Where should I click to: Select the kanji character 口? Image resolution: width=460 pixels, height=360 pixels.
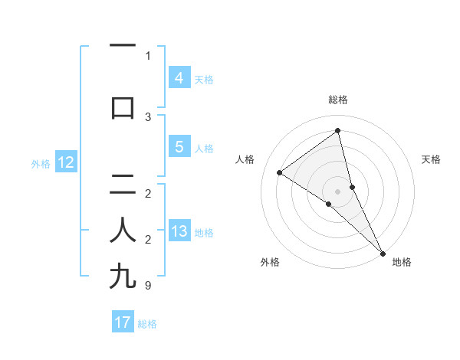pos(123,107)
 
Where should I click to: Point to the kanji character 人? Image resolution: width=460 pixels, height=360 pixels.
pos(123,229)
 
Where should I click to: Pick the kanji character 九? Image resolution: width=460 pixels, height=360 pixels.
pos(123,275)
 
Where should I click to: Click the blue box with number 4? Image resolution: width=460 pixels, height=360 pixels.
pos(179,78)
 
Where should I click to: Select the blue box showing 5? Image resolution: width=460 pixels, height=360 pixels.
pos(179,147)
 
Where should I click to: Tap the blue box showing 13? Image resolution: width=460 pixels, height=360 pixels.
pos(179,231)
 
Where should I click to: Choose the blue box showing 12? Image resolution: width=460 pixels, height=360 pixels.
pos(65,162)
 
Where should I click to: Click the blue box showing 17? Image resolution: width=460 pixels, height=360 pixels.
pos(123,322)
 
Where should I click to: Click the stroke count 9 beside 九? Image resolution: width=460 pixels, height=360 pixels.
pos(147,286)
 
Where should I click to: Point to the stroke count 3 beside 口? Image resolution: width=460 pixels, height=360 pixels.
pos(147,117)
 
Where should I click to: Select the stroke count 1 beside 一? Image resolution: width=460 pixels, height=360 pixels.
pos(147,56)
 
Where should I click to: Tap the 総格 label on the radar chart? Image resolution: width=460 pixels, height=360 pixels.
pos(338,100)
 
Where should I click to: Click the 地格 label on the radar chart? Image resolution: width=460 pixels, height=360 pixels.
pos(402,263)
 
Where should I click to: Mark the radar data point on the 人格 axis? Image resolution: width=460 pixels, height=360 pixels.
pos(280,172)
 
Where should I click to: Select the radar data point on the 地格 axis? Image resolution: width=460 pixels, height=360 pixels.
pos(382,252)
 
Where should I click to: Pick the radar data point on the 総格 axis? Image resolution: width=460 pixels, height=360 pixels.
pos(337,131)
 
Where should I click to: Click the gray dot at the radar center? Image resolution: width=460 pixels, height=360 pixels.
pos(338,191)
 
